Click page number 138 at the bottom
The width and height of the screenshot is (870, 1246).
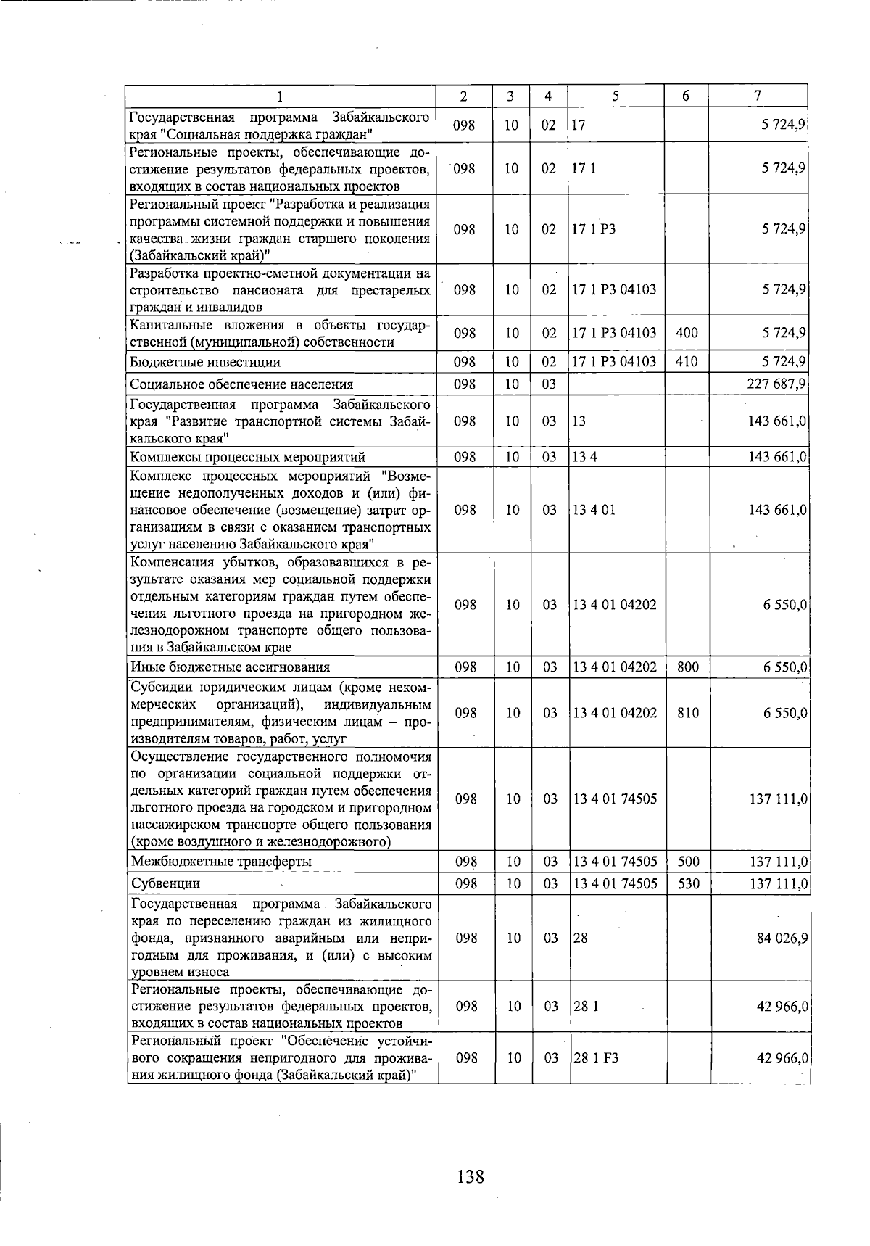tap(471, 1176)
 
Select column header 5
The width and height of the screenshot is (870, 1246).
tap(615, 96)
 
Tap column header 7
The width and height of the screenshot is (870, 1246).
tap(758, 96)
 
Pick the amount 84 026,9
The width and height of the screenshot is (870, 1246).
tap(782, 938)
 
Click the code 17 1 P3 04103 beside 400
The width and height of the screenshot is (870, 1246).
tap(614, 333)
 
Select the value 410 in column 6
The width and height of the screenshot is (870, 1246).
tap(686, 362)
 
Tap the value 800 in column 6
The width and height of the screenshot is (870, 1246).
tap(687, 667)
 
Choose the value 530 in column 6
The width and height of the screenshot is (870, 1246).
tap(688, 883)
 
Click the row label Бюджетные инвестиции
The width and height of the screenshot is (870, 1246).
tap(205, 362)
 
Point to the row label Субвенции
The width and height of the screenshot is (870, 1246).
tap(165, 883)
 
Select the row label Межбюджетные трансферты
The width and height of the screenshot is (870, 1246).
tap(221, 862)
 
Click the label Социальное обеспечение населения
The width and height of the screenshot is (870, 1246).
tap(241, 384)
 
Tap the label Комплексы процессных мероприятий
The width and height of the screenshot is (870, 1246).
tap(247, 457)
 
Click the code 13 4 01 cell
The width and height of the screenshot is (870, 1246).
tap(594, 510)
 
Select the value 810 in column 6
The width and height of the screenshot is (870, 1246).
tap(688, 713)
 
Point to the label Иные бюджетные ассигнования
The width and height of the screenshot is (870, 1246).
tap(231, 667)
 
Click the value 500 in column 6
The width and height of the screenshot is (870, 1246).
tap(688, 862)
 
